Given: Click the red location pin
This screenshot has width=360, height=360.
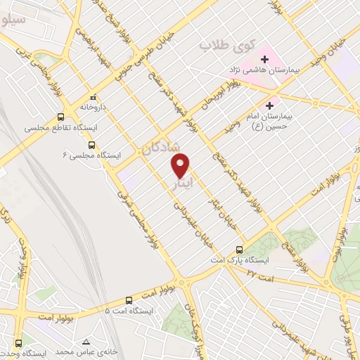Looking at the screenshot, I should click(x=181, y=165).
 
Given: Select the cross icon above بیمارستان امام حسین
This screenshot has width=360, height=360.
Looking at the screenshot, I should click(x=269, y=105).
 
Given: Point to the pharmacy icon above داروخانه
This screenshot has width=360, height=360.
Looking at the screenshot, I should click(x=93, y=98).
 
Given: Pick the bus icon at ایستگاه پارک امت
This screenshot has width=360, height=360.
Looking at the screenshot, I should click(x=240, y=249).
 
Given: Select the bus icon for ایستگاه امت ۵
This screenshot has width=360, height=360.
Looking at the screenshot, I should click(x=128, y=298).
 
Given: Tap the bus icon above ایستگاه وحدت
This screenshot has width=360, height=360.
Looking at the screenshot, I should click(x=17, y=344).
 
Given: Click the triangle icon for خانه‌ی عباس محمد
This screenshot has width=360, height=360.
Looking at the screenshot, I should click(x=86, y=340).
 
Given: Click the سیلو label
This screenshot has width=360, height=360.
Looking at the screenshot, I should click(x=14, y=20).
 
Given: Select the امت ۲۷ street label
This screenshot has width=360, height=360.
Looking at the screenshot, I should click(x=259, y=273).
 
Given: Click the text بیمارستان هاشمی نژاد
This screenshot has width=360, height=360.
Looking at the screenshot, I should click(x=274, y=71).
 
